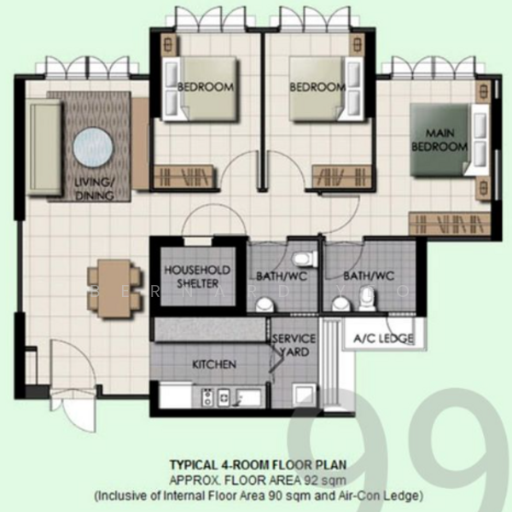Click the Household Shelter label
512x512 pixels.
[x=197, y=276]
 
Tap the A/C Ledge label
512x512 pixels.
[x=384, y=338]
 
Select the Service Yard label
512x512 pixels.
[x=294, y=345]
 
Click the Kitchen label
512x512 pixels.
[x=214, y=364]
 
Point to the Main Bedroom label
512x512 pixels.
[x=439, y=139]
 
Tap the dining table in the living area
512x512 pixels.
[x=114, y=288]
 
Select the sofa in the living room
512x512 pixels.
[x=44, y=148]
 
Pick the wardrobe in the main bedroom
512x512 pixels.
[x=450, y=224]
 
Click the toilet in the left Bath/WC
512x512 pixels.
[x=305, y=258]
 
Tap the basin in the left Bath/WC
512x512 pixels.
[x=266, y=305]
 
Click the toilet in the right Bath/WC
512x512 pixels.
[x=366, y=300]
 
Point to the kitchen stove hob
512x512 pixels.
[x=207, y=397]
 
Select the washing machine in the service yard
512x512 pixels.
[x=305, y=395]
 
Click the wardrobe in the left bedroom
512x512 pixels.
[x=184, y=177]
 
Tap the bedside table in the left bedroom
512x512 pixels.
[x=169, y=44]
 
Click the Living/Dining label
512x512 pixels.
[x=94, y=189]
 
